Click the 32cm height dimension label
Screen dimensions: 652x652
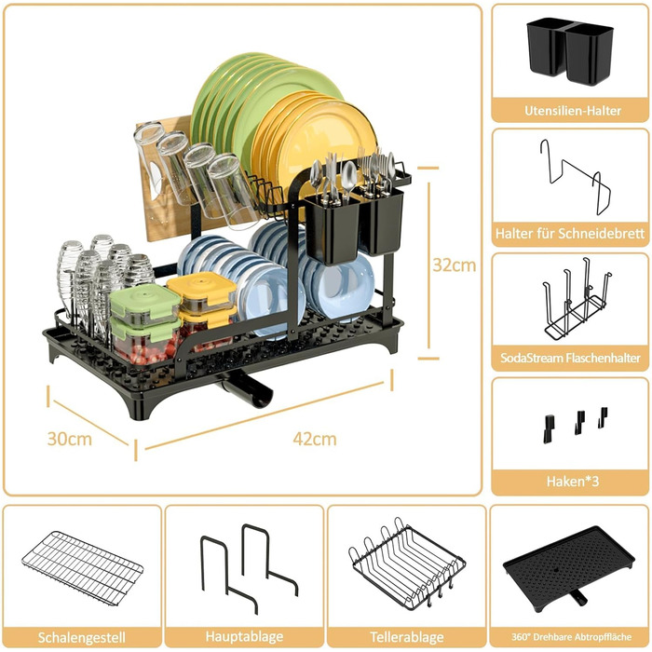point(455,265)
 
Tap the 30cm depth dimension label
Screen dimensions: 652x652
point(70,439)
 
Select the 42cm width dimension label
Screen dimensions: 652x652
point(315,439)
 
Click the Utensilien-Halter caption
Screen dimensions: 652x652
point(573,111)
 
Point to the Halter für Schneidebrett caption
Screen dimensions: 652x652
point(570,233)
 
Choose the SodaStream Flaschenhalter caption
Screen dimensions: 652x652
point(570,358)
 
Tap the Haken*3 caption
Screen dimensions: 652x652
point(573,482)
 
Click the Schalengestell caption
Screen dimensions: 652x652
point(82,637)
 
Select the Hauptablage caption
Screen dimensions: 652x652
point(244,636)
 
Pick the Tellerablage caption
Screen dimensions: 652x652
point(407,637)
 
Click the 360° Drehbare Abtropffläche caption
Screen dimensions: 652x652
point(571,637)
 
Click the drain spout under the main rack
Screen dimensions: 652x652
point(245,388)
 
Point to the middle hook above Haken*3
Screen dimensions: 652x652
point(579,422)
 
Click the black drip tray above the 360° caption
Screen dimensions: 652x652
point(569,565)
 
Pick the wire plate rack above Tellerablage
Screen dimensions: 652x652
point(407,566)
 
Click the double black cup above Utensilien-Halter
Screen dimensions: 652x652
point(570,50)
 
